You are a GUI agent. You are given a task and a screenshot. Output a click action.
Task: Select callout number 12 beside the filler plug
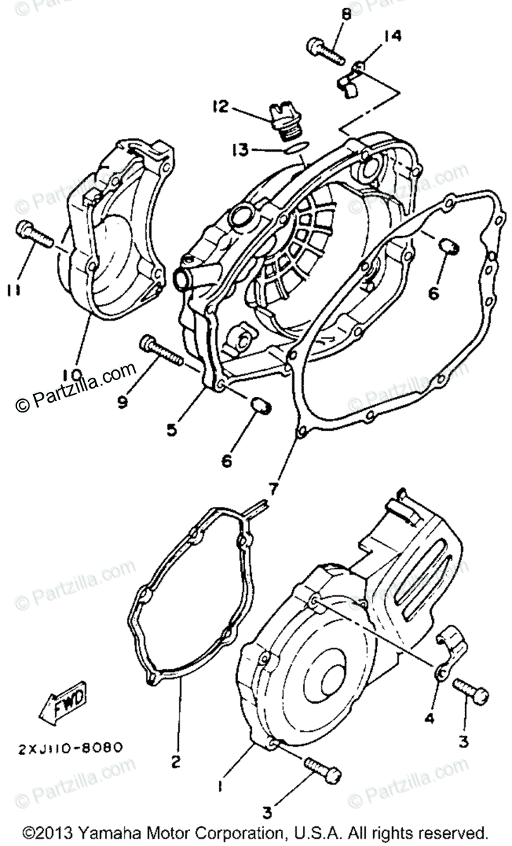click(220, 106)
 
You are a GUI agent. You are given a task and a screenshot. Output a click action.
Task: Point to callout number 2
click(176, 761)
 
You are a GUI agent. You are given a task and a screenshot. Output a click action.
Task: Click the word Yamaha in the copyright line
click(107, 832)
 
